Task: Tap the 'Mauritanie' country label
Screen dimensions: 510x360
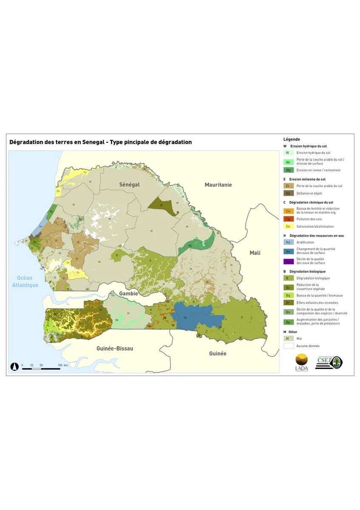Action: (x=218, y=185)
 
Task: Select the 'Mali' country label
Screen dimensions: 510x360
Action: (x=255, y=253)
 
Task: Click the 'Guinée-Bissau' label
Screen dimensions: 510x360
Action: (x=115, y=348)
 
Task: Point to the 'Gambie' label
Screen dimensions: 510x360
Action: (x=128, y=294)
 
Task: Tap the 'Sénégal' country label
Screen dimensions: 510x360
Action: (x=129, y=185)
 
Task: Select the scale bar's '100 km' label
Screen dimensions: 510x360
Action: (x=63, y=365)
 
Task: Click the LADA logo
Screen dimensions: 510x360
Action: (x=301, y=363)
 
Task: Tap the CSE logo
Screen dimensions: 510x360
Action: (x=329, y=363)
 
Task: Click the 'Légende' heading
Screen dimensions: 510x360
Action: (x=292, y=139)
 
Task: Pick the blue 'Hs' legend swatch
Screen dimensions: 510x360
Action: (x=288, y=251)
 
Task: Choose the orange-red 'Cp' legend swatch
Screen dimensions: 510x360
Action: (x=288, y=219)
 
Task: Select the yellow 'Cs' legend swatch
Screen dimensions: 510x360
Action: (x=288, y=227)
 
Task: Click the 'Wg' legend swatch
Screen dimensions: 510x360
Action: (x=288, y=170)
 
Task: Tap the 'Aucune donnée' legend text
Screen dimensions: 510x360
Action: (x=308, y=346)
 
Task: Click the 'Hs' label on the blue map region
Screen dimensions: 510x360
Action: (x=185, y=317)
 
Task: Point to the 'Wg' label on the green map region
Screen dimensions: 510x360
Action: (x=190, y=245)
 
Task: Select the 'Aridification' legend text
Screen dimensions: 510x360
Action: (x=305, y=242)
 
